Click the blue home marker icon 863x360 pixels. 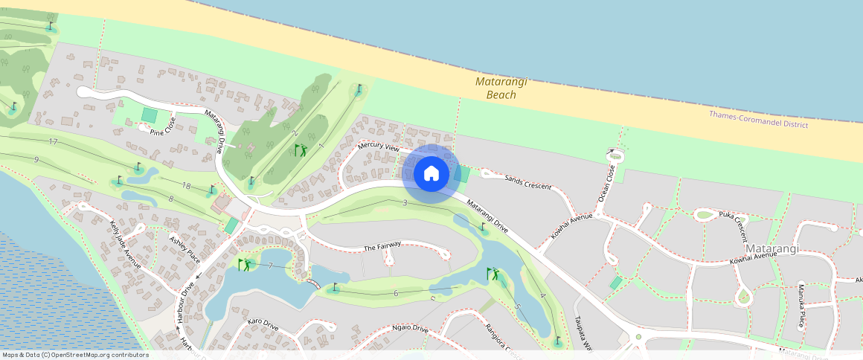[x=431, y=173]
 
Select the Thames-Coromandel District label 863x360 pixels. [x=758, y=120]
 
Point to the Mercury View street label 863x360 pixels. [x=378, y=147]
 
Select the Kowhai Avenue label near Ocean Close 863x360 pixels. [x=571, y=225]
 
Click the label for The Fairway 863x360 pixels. [x=382, y=246]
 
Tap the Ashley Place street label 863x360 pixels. [x=185, y=249]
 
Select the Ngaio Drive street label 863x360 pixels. [x=410, y=328]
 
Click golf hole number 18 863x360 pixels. [x=187, y=185]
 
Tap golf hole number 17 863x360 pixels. [x=52, y=141]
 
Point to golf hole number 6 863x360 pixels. [x=396, y=294]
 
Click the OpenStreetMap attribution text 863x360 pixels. [x=75, y=355]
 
